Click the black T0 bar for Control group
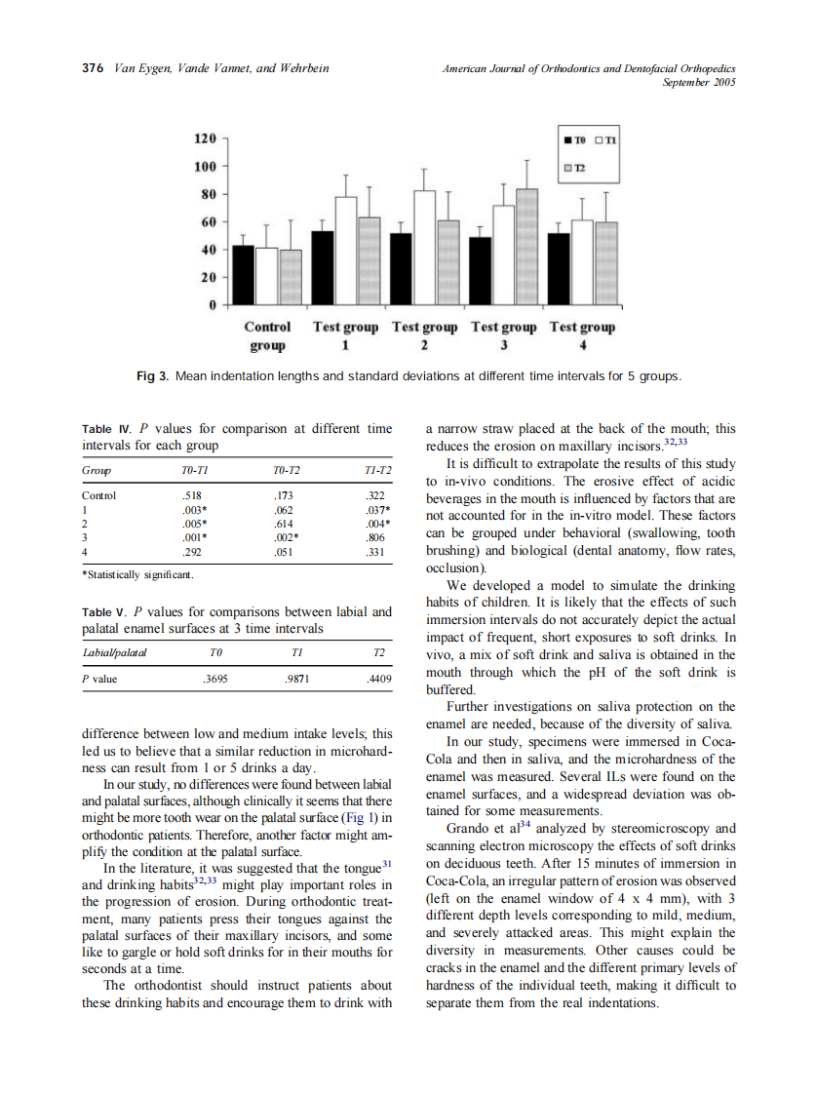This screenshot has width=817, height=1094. (x=243, y=276)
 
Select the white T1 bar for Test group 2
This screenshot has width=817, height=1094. (x=424, y=248)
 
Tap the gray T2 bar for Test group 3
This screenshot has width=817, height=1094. (x=526, y=247)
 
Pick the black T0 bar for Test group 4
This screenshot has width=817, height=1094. (x=559, y=269)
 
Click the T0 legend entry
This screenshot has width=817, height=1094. (x=574, y=140)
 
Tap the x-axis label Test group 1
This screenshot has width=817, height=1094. (x=345, y=335)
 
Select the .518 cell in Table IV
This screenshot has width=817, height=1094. (x=193, y=495)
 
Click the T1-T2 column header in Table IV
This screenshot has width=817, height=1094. (x=376, y=470)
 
